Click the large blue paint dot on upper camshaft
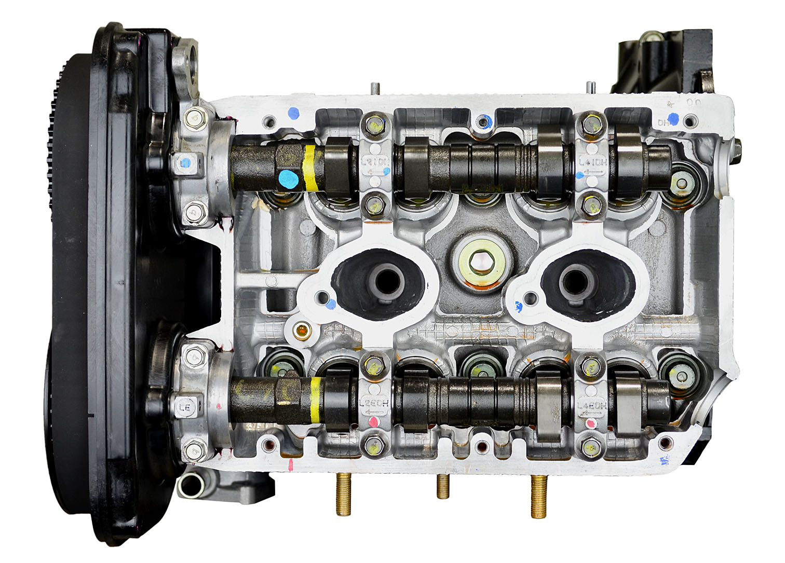click(287, 180)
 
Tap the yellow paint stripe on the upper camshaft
click(310, 168)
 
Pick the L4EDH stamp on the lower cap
click(591, 406)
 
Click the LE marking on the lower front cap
click(184, 408)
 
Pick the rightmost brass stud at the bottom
click(539, 497)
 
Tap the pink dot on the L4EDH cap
click(589, 424)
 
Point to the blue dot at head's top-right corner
click(673, 119)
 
